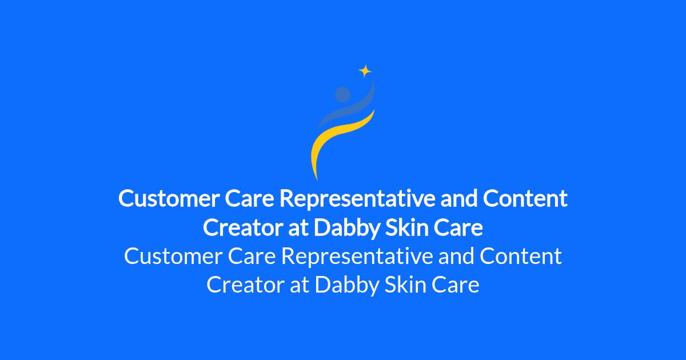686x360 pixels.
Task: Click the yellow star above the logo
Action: [365, 71]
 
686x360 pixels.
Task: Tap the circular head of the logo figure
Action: [342, 94]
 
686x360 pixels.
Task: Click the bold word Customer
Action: [169, 198]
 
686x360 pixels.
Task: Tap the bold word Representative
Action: [357, 199]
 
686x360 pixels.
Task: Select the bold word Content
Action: [525, 198]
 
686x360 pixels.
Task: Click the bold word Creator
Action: [243, 227]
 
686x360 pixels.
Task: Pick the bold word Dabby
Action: [346, 228]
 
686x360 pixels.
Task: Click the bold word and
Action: [459, 198]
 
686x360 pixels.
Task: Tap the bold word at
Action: [298, 228]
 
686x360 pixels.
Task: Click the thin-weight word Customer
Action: [173, 256]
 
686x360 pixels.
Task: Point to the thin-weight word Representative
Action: [357, 257]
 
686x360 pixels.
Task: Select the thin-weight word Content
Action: [521, 256]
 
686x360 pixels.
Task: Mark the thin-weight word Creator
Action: [245, 285]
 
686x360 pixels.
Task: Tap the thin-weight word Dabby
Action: [347, 285]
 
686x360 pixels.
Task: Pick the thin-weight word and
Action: [456, 255]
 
